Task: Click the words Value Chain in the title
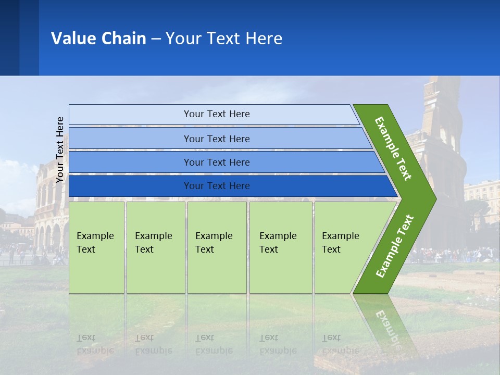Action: (x=98, y=39)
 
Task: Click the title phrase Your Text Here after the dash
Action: (x=224, y=39)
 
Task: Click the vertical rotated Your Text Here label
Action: (x=60, y=149)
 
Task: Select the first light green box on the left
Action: (x=96, y=247)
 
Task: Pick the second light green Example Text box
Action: (x=155, y=247)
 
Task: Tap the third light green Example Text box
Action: (x=217, y=247)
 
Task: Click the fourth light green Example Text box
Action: (x=281, y=247)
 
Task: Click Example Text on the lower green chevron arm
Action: (x=394, y=246)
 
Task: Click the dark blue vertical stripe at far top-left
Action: (x=9, y=37)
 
